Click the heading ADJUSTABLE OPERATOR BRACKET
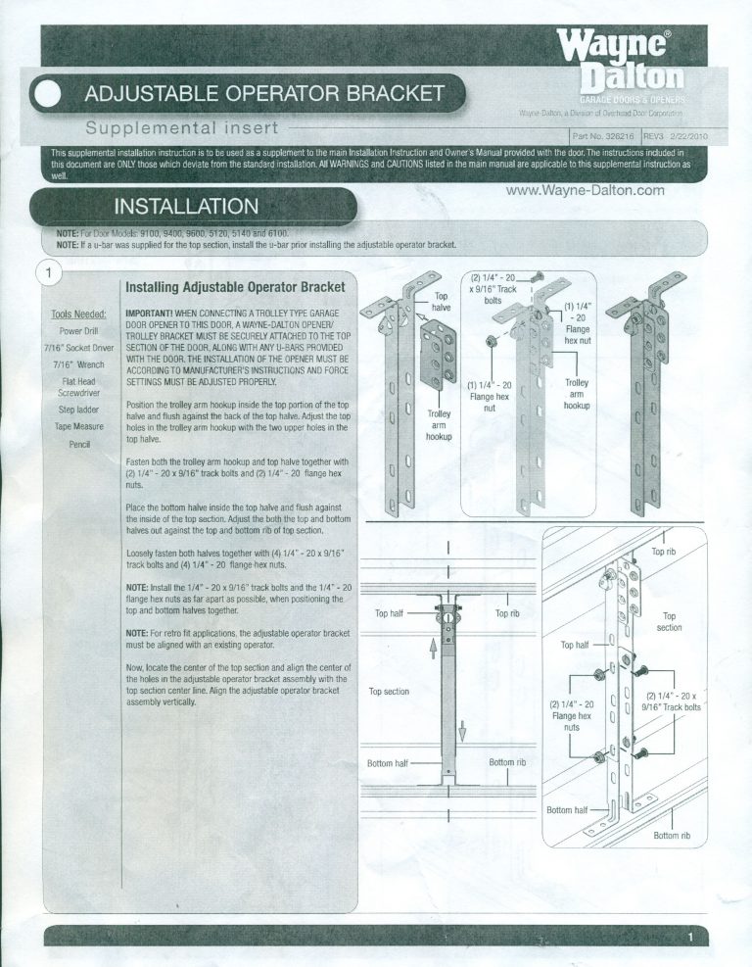(264, 95)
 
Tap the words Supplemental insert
(182, 128)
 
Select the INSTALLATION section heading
(187, 207)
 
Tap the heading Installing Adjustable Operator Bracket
(235, 288)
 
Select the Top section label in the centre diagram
(389, 692)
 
